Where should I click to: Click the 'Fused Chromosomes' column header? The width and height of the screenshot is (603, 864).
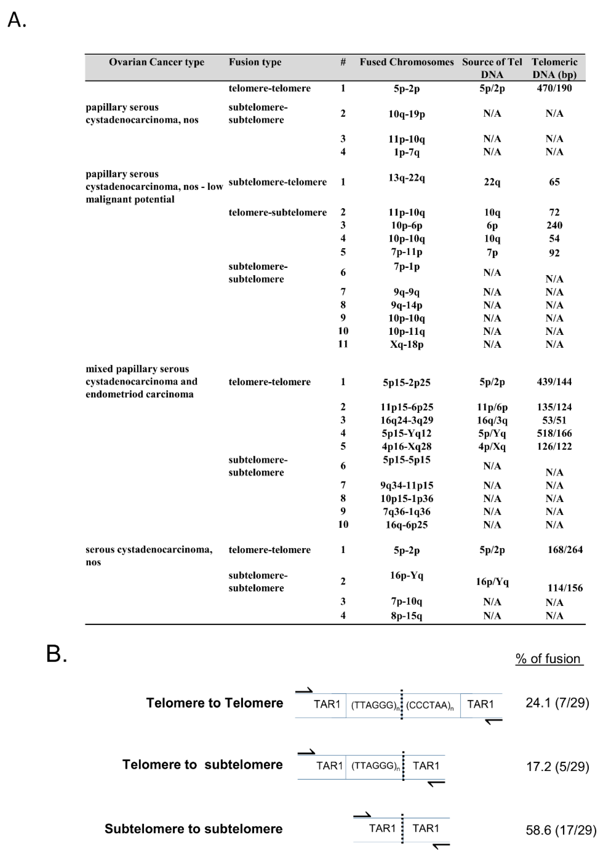[406, 62]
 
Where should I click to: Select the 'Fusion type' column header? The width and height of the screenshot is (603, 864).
[255, 62]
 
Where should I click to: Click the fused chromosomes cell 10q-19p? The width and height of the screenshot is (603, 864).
[406, 114]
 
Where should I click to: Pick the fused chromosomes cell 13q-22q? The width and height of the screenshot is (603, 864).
[406, 178]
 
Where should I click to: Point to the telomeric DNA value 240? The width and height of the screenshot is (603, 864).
[554, 225]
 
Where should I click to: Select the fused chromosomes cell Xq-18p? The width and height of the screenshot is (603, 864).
[406, 344]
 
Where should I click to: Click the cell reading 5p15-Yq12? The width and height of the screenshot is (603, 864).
[406, 433]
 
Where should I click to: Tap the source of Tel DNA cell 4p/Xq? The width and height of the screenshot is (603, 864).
[492, 447]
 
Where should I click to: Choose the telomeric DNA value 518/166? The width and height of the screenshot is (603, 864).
[554, 433]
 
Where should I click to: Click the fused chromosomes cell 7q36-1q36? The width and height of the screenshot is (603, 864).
[406, 512]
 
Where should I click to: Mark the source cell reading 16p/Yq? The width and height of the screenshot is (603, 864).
[492, 582]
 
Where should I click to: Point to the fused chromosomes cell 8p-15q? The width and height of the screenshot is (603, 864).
[406, 616]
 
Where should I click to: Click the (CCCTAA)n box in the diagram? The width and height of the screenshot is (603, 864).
[430, 705]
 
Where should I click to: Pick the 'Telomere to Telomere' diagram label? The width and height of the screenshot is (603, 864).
[214, 703]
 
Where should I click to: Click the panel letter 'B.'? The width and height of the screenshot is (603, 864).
[57, 654]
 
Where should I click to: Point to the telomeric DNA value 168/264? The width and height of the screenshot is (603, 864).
[565, 550]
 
